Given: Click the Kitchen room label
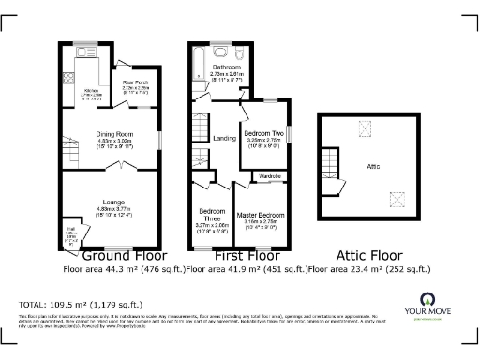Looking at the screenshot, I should pyautogui.click(x=80, y=92).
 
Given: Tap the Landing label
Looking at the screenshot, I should pyautogui.click(x=225, y=139).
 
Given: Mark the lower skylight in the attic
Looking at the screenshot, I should pyautogui.click(x=397, y=197).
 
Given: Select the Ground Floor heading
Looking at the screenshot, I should pyautogui.click(x=124, y=255).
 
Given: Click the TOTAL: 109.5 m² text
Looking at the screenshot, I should pyautogui.click(x=81, y=305).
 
